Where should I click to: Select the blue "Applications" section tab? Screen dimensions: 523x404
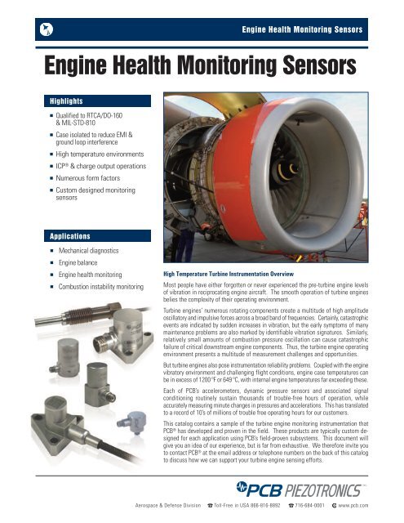click(x=69, y=234)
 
